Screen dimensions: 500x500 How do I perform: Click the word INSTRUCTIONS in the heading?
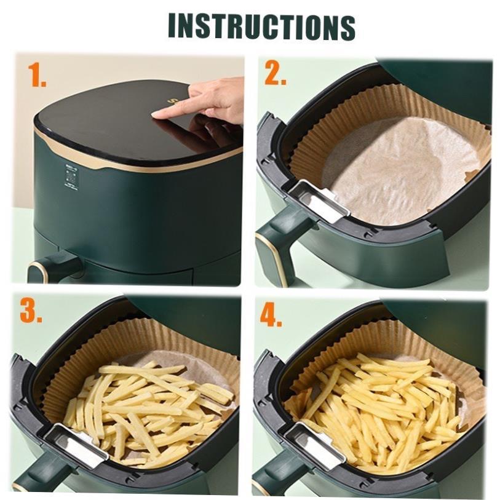pyautogui.click(x=261, y=26)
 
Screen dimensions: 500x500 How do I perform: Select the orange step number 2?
pyautogui.click(x=276, y=74)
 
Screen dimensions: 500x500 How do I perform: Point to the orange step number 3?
pyautogui.click(x=31, y=312)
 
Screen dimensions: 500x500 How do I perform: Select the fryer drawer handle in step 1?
pyautogui.click(x=52, y=268)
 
